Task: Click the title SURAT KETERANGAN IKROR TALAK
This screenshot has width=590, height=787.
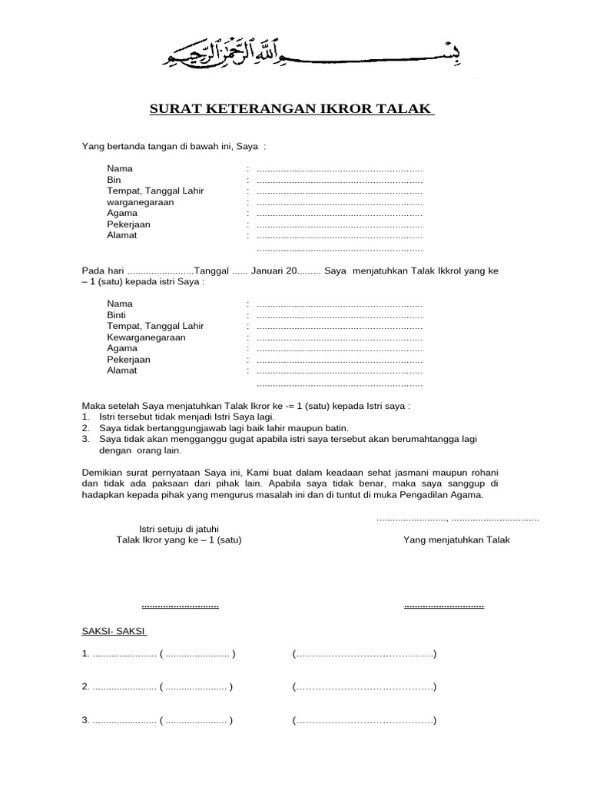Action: tap(291, 109)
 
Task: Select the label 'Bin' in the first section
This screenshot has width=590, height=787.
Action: tap(114, 179)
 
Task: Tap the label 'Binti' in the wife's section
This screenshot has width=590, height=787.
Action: tap(116, 315)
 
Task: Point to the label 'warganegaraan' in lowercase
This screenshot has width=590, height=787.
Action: tap(141, 201)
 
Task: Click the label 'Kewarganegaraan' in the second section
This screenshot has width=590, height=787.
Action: tap(146, 337)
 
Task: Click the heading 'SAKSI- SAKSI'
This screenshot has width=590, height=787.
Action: tap(114, 631)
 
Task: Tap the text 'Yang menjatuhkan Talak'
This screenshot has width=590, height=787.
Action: tap(456, 540)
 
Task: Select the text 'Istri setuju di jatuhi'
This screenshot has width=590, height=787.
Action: tap(178, 529)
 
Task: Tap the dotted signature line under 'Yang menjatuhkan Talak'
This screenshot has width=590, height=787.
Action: tap(443, 606)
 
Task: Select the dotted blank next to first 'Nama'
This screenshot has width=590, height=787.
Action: tap(339, 168)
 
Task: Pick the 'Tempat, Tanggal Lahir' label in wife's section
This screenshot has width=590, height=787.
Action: tap(155, 326)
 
